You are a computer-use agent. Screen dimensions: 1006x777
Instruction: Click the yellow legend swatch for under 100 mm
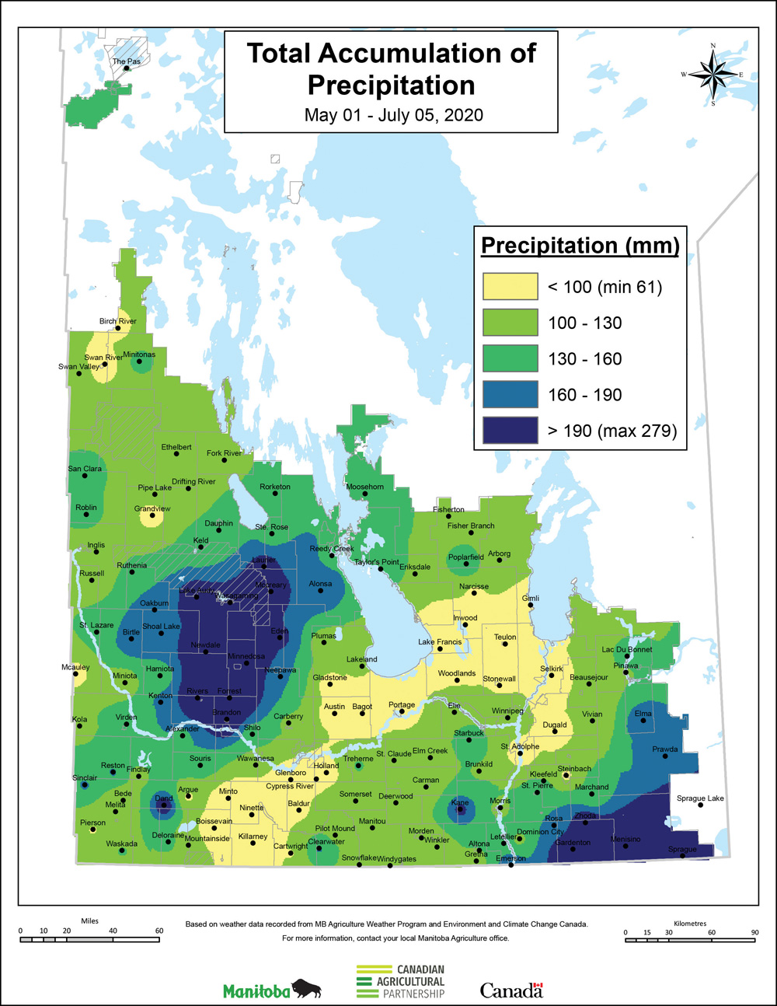pos(510,287)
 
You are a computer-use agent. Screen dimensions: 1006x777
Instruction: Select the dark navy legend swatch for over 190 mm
pos(510,431)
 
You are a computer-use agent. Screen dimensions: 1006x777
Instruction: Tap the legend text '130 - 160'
pos(584,359)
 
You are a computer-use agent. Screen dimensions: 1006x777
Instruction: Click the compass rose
pos(713,75)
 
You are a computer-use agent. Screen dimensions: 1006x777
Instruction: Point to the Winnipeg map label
pos(507,711)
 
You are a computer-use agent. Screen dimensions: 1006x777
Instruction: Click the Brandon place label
pos(226,712)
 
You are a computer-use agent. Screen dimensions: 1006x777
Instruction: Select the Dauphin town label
pos(218,523)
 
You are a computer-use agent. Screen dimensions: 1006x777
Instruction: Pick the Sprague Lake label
pos(700,798)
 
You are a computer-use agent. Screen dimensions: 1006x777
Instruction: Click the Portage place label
pos(402,705)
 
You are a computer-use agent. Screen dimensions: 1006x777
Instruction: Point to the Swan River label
pos(103,358)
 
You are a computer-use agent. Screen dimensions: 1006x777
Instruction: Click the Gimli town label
pos(531,598)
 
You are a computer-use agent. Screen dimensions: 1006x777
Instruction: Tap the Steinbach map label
pos(574,769)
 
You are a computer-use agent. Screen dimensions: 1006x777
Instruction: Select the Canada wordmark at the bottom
pos(511,990)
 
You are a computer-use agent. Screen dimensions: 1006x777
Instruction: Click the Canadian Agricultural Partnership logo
pos(401,982)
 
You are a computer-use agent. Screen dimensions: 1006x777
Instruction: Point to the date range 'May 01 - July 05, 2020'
pos(393,116)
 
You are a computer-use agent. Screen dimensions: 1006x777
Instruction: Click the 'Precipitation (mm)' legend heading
pos(580,246)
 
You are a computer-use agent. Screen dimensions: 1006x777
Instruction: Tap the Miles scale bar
pos(90,939)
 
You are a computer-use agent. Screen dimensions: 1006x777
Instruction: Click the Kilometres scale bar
pos(689,940)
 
